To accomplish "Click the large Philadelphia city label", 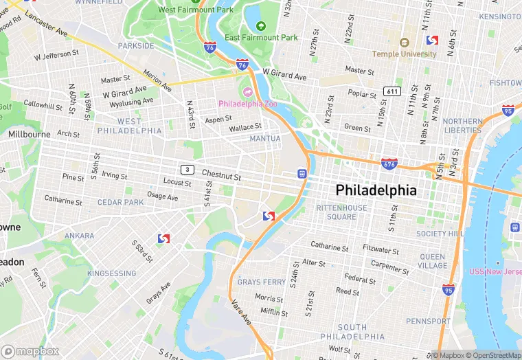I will pos(376,190).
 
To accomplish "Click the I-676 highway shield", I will pos(389,164).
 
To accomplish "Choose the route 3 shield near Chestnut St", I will pos(187,169).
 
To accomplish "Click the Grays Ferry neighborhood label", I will pos(261,282).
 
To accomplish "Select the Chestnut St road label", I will pos(222,177).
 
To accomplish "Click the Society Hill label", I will pos(440,234).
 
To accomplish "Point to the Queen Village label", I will pos(433,261).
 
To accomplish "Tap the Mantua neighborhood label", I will pos(264,139).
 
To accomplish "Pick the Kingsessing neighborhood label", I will pos(112,273).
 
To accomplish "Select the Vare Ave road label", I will pos(242,312).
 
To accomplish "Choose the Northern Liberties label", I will pos(463,126).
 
